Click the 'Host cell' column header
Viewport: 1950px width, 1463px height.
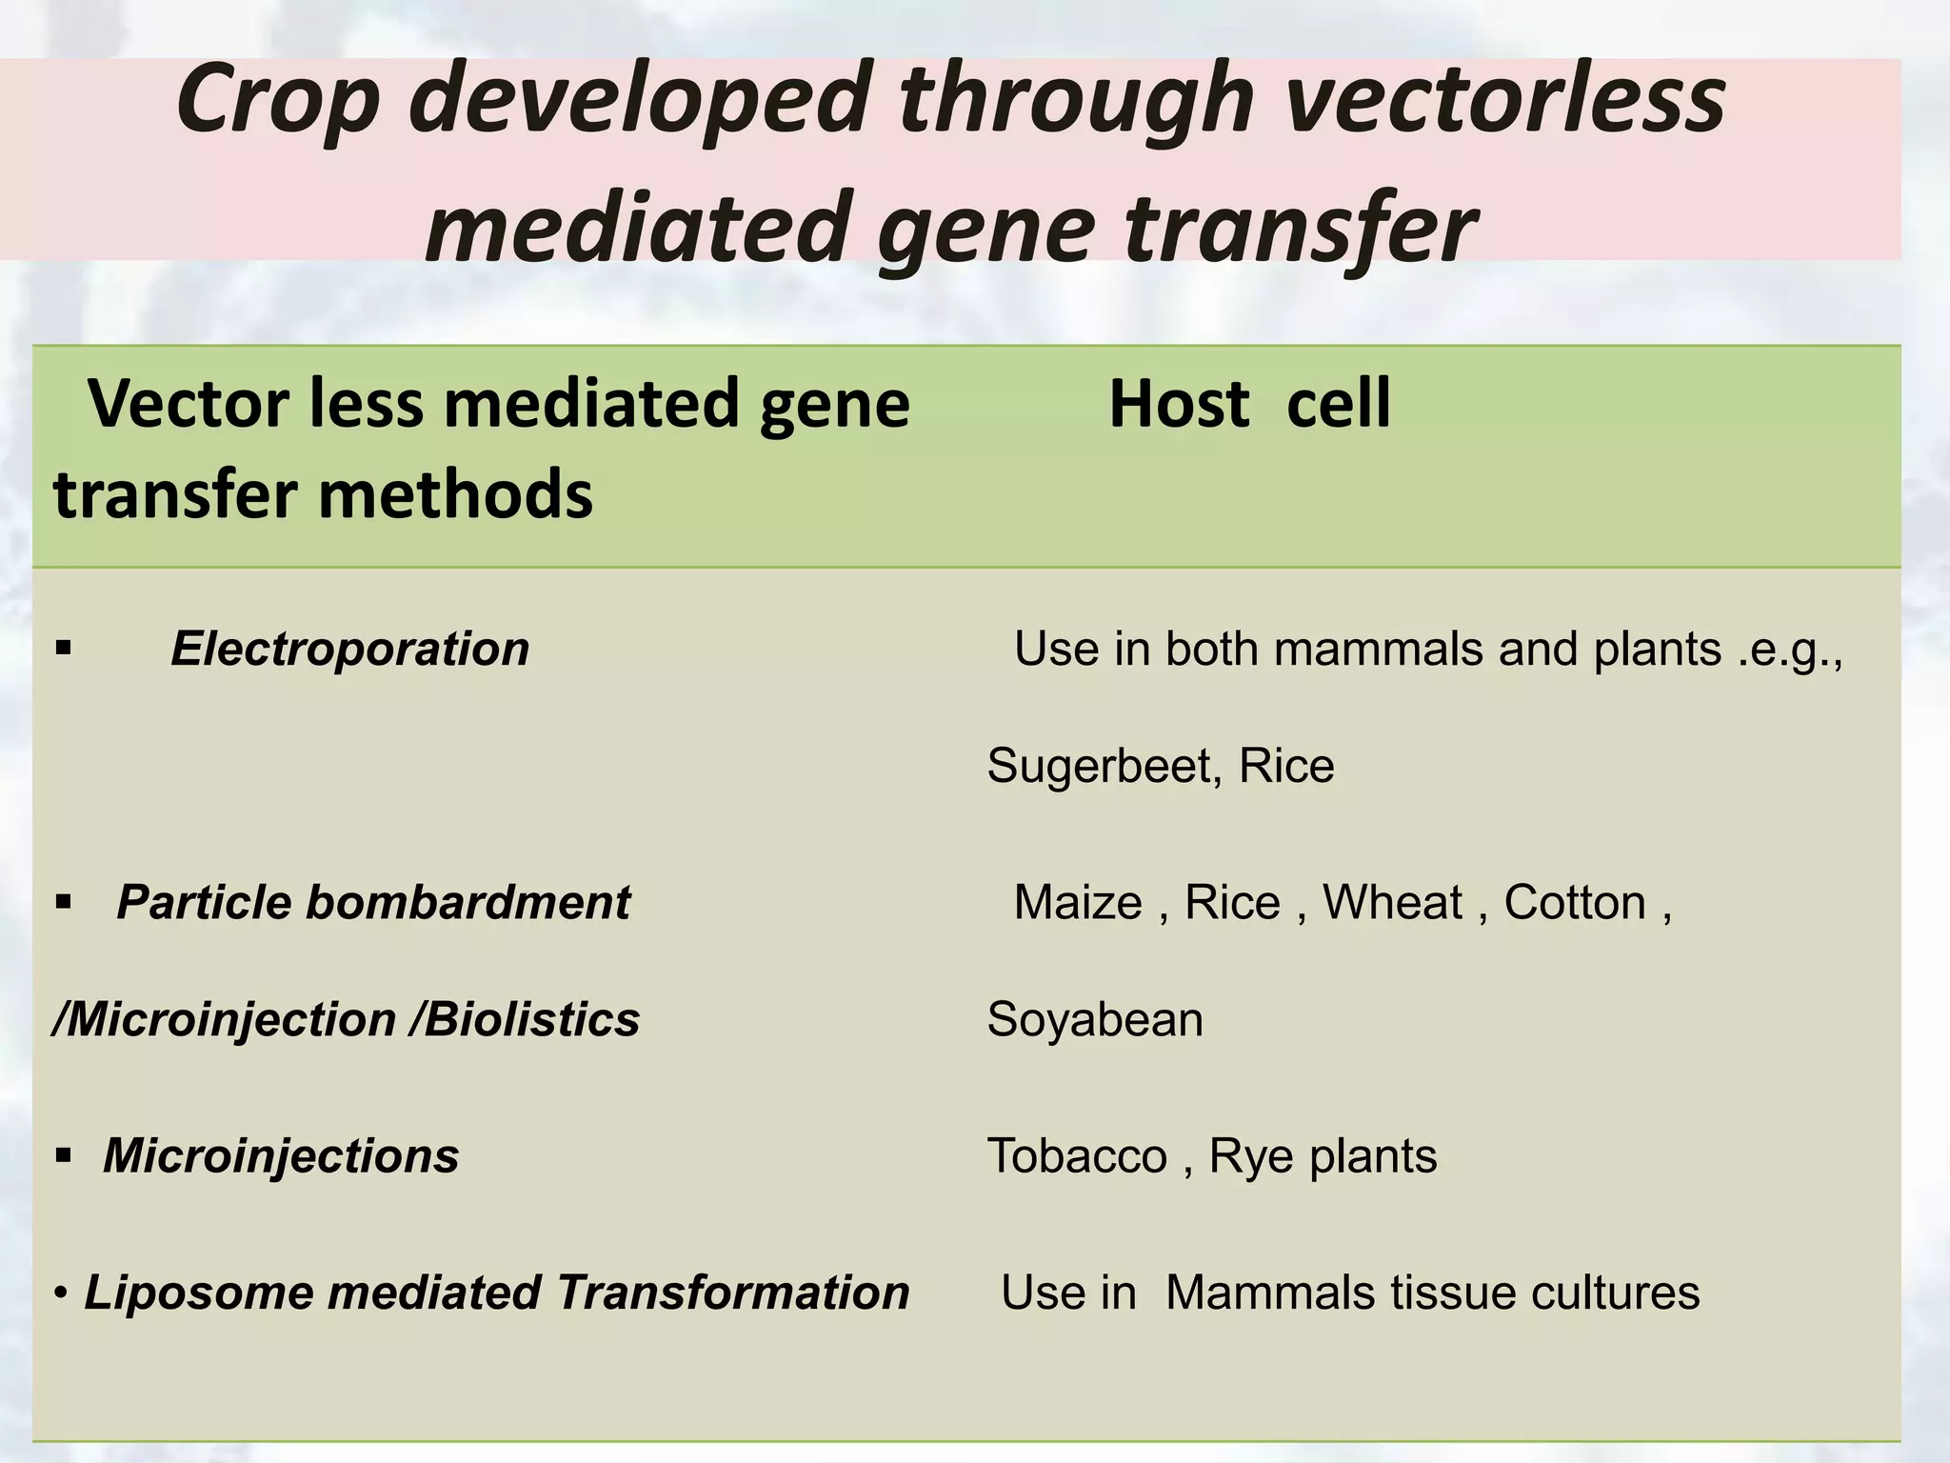click(x=1249, y=405)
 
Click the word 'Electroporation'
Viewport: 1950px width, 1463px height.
click(x=349, y=650)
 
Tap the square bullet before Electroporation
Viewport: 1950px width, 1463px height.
click(x=64, y=650)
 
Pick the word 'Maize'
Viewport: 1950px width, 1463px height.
click(x=1077, y=902)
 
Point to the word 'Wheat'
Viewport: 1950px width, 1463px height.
click(x=1392, y=902)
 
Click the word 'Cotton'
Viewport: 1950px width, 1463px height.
click(x=1575, y=902)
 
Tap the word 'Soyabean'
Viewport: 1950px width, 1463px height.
click(x=1095, y=1019)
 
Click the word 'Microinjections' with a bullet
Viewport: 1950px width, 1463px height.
click(x=281, y=1155)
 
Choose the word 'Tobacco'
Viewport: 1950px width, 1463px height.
click(x=1077, y=1155)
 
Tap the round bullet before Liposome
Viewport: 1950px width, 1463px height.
click(x=61, y=1293)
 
